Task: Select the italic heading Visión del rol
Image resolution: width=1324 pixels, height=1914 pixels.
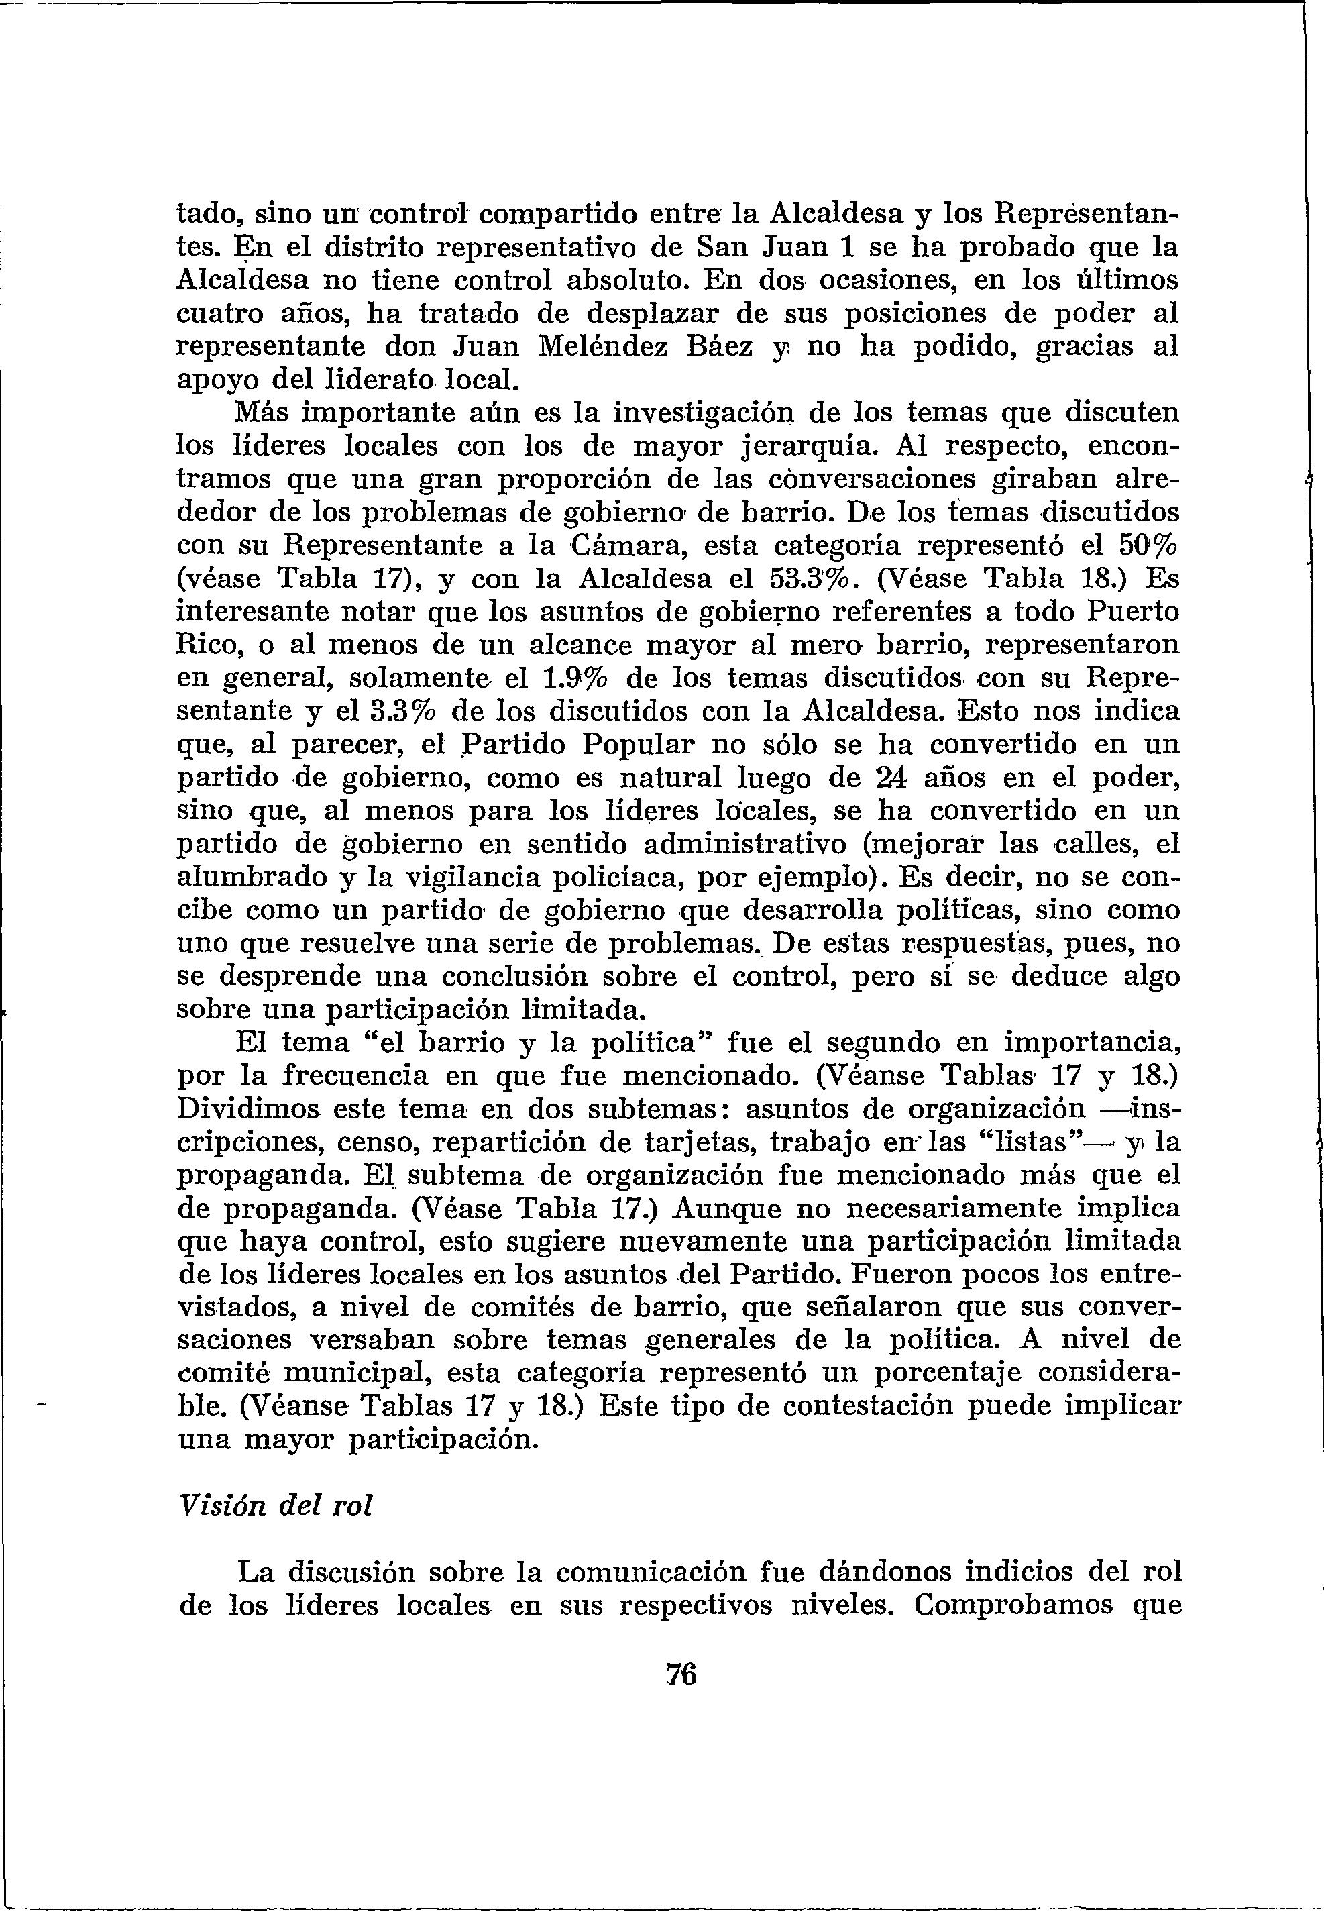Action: point(276,1504)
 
